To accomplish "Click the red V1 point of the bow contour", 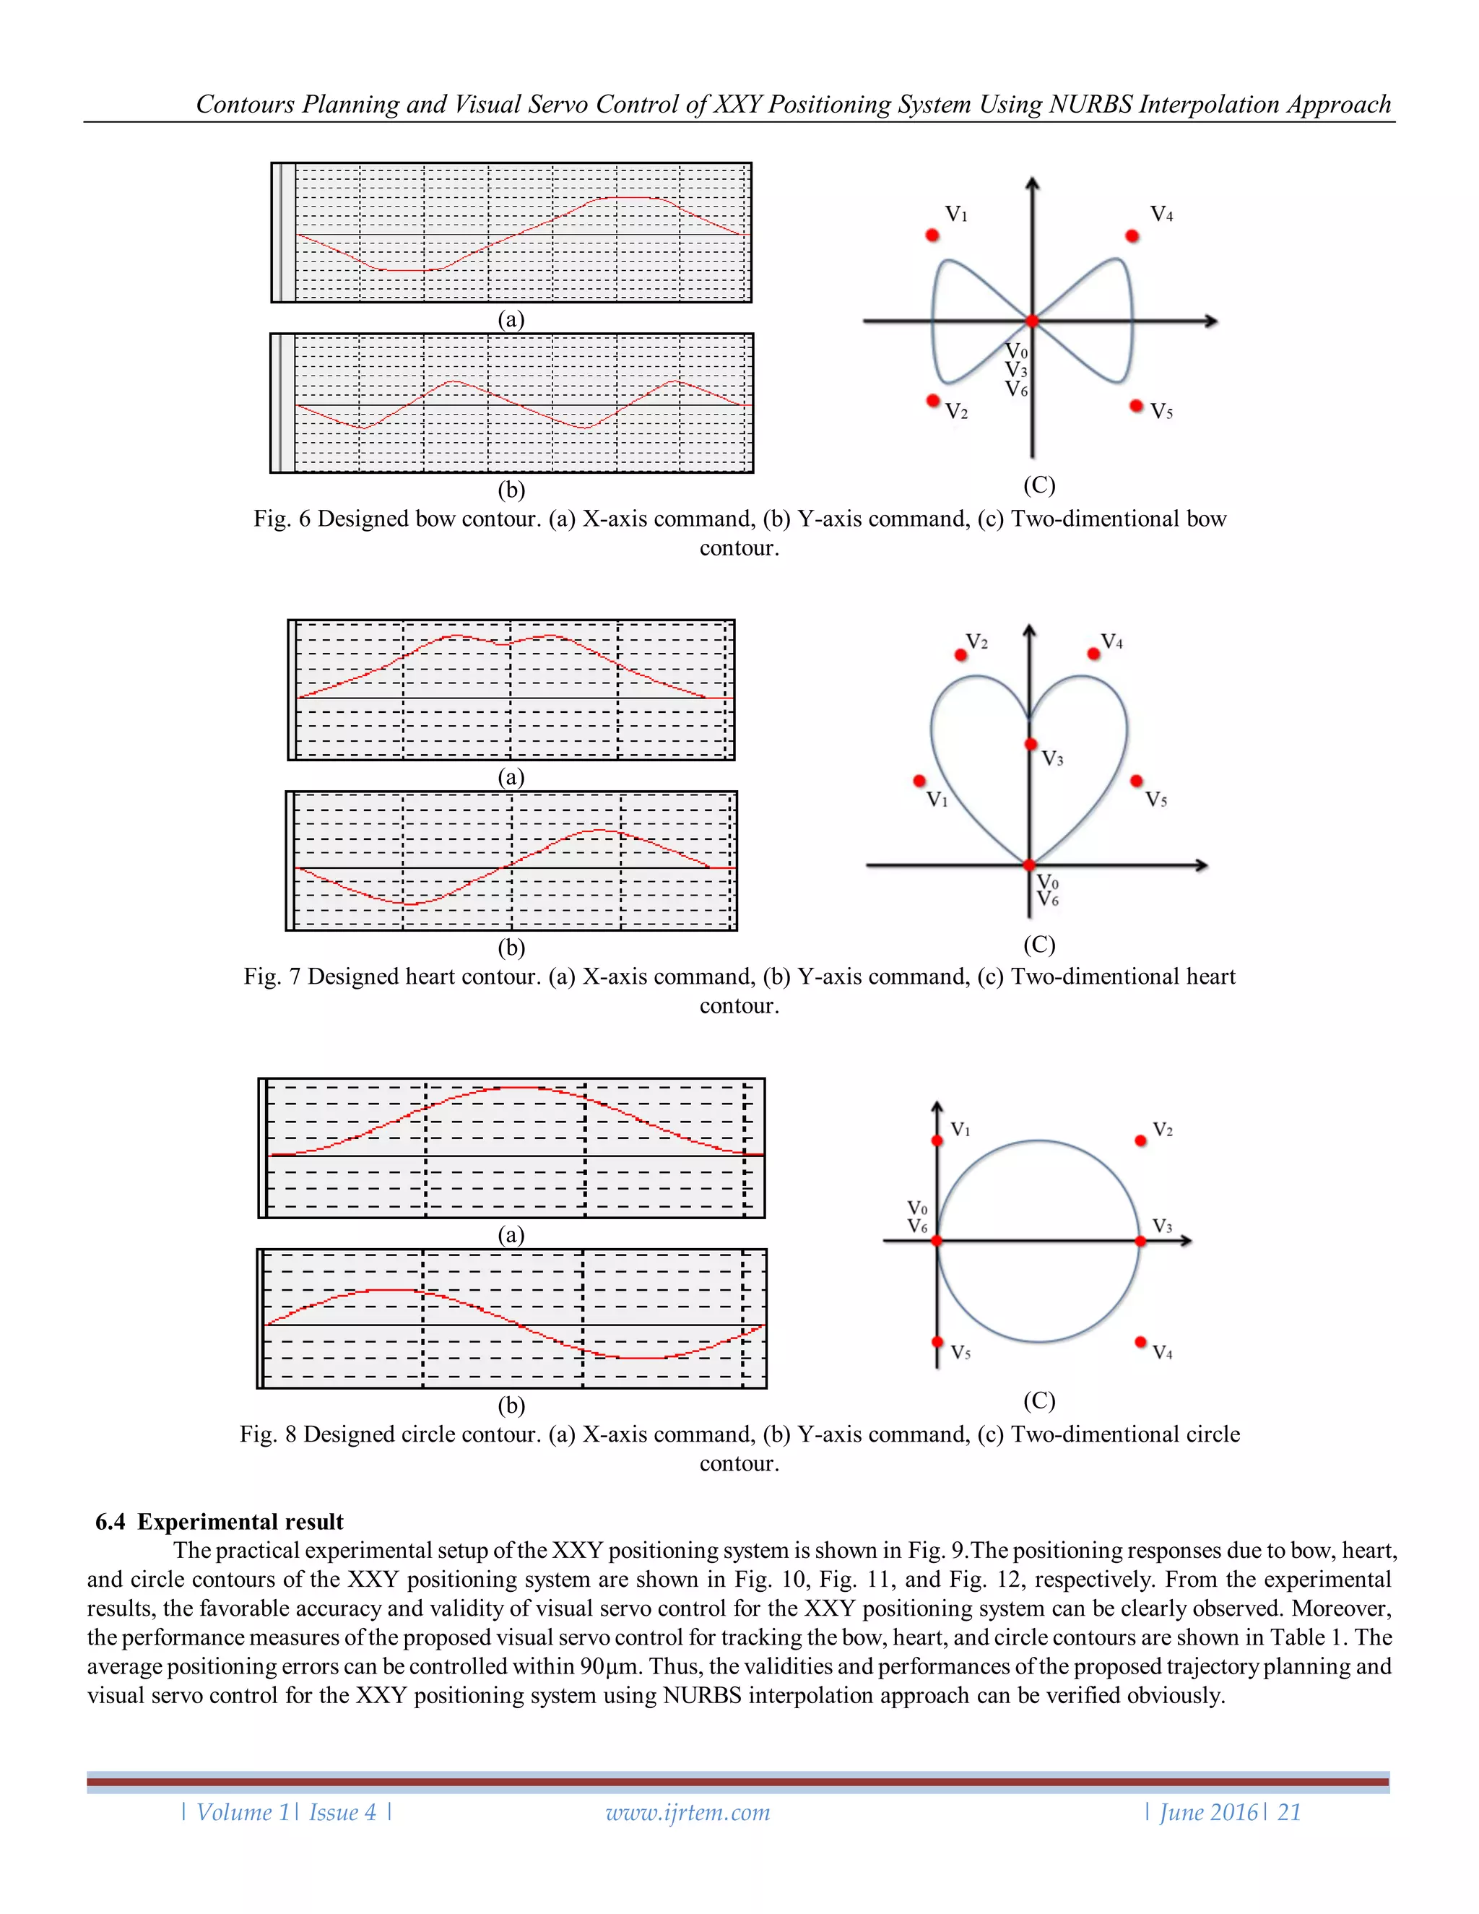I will pos(932,235).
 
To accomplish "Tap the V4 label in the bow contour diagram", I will pos(1161,215).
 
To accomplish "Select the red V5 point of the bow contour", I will pos(1137,406).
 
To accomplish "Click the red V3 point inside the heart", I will pos(1031,744).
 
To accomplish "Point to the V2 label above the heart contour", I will pos(977,642).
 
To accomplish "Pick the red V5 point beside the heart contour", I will pos(1137,780).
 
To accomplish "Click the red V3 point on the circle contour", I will pos(1140,1241).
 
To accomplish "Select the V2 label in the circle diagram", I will pos(1163,1130).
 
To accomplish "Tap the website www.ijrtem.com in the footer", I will pos(688,1812).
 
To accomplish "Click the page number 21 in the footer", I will pos(1289,1812).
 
